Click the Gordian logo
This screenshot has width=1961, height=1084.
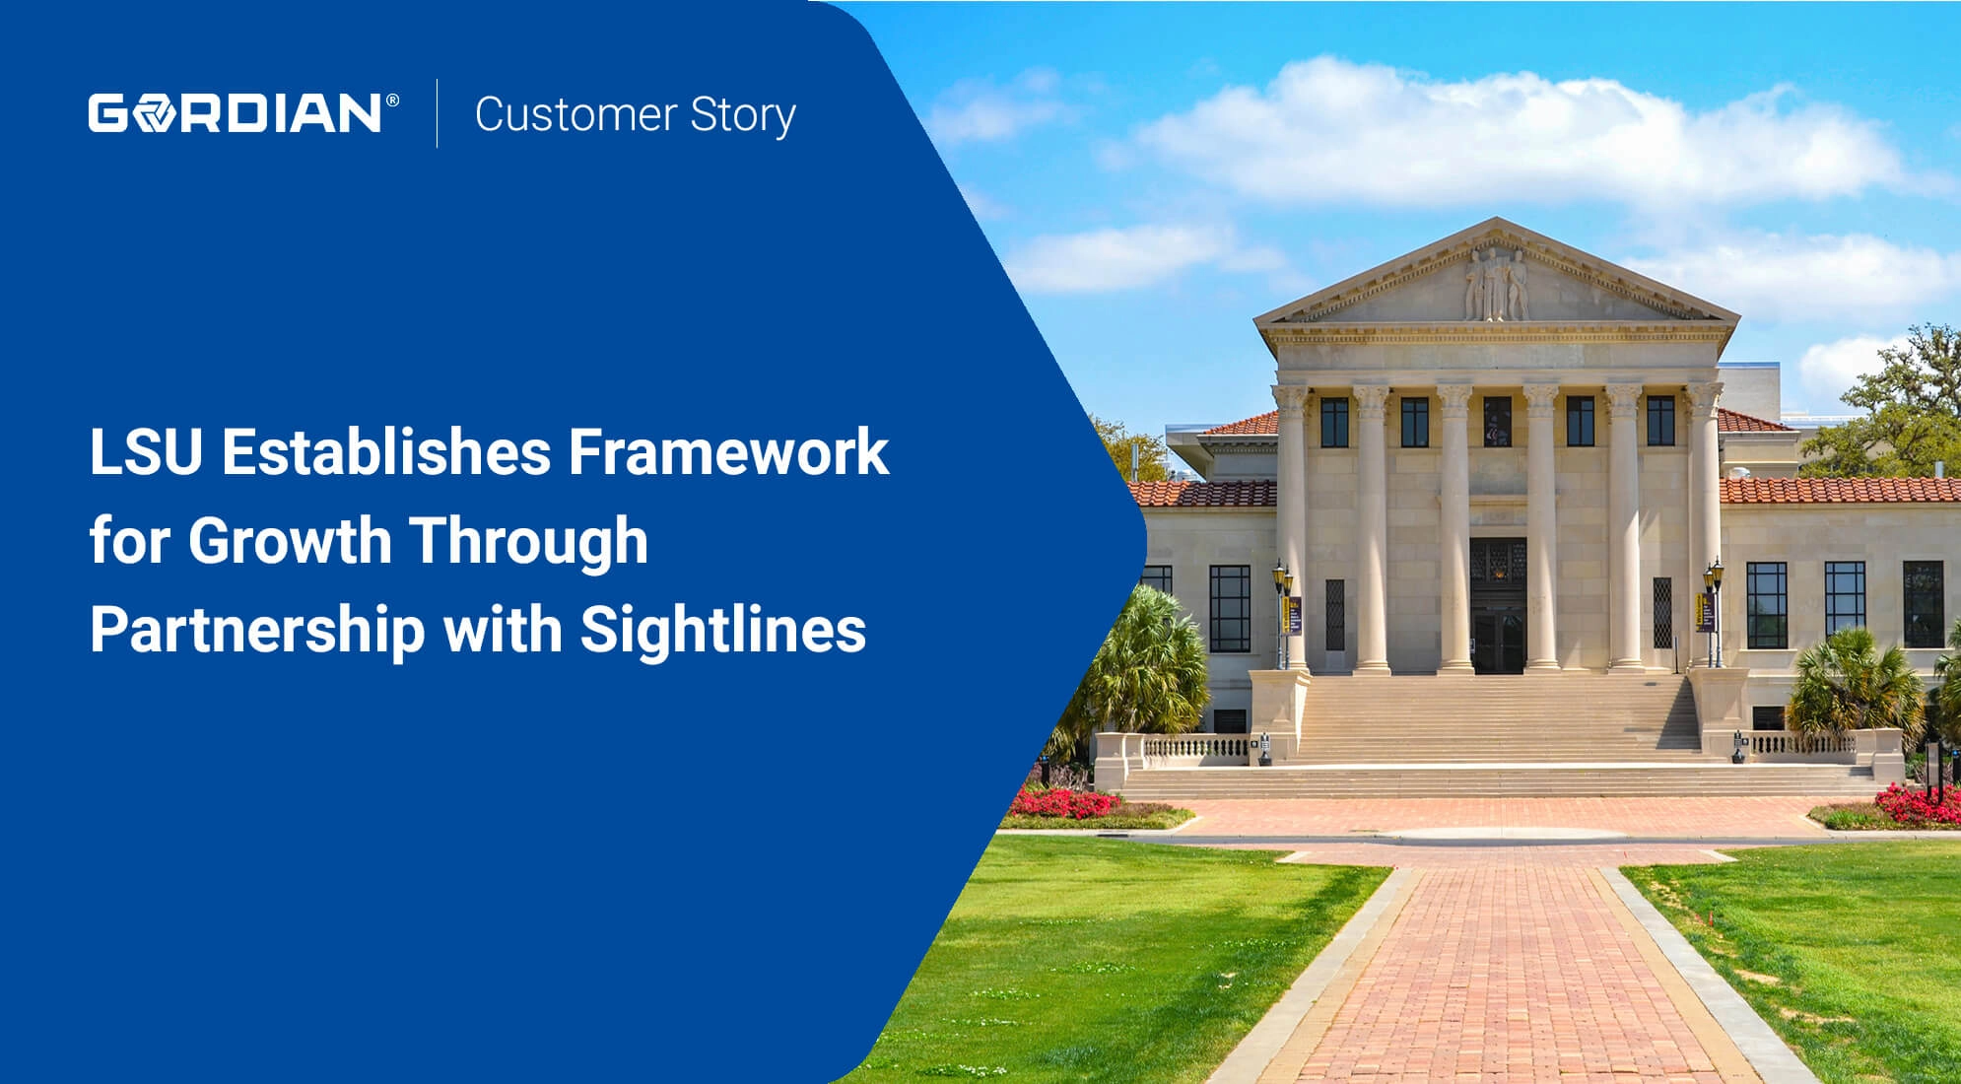(243, 112)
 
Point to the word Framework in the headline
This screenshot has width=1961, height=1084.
(728, 452)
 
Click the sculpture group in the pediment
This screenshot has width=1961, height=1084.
(1496, 284)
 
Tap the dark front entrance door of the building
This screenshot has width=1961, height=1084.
(1498, 605)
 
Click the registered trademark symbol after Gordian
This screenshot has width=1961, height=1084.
(392, 101)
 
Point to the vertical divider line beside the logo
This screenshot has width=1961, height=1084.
(438, 113)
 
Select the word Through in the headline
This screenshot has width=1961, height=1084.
(528, 541)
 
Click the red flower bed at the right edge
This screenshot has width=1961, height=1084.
(1920, 804)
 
